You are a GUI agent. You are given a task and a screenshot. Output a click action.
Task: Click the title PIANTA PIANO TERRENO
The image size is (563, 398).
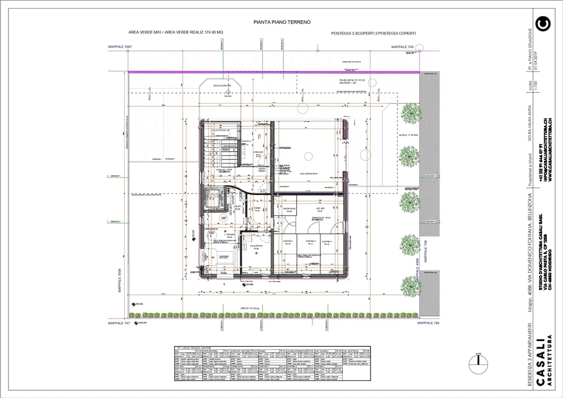(282, 22)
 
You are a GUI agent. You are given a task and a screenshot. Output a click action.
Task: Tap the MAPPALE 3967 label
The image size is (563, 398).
(120, 47)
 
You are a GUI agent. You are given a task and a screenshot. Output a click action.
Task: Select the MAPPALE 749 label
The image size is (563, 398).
(402, 47)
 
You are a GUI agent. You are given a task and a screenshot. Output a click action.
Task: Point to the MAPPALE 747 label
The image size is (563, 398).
(119, 323)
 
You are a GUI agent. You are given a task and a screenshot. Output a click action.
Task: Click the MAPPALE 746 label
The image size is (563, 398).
(428, 323)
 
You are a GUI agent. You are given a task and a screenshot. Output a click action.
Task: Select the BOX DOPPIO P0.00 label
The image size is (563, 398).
(309, 174)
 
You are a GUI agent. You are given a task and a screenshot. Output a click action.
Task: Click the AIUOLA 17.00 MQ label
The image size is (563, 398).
(408, 135)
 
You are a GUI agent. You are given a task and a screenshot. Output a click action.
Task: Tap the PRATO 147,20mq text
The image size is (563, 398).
(250, 308)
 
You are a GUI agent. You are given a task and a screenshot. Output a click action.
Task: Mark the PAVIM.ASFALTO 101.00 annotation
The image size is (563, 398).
(352, 81)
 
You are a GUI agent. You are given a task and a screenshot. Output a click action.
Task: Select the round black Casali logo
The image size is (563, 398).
(543, 24)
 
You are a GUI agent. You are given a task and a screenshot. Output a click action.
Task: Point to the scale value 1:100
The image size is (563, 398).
(536, 86)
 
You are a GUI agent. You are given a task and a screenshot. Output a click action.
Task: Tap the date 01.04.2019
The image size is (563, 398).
(536, 61)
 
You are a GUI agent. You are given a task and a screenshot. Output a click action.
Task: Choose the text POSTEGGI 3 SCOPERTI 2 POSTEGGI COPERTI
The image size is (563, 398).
(373, 33)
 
